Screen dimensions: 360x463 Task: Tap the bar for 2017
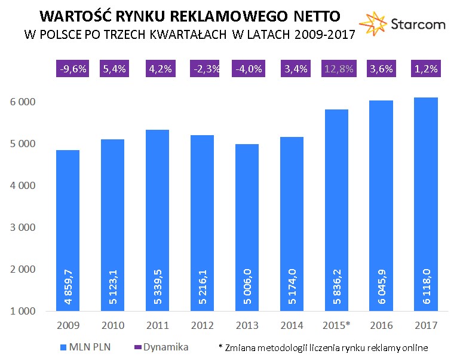click(x=426, y=203)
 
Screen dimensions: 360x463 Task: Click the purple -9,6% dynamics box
click(x=72, y=69)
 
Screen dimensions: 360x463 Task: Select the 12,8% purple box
click(x=338, y=69)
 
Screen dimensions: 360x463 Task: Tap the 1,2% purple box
click(x=426, y=69)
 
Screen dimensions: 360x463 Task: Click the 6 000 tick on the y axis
click(x=23, y=102)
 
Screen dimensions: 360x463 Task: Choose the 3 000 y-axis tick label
click(x=23, y=228)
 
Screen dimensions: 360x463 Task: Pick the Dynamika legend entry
click(x=165, y=347)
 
